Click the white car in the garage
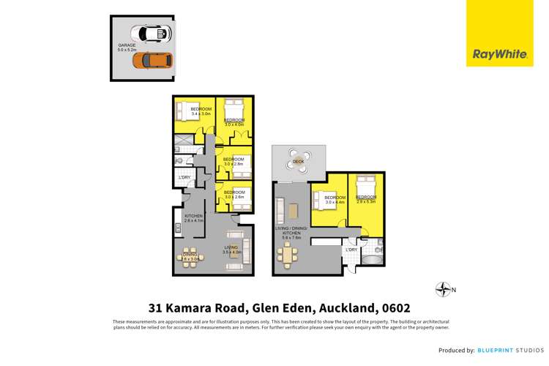point(151,34)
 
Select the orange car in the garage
point(152,60)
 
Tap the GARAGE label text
point(127,48)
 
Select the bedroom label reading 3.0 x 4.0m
point(234,122)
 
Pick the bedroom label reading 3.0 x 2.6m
point(234,194)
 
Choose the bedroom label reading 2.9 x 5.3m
point(365,199)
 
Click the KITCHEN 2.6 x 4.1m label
point(193,217)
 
